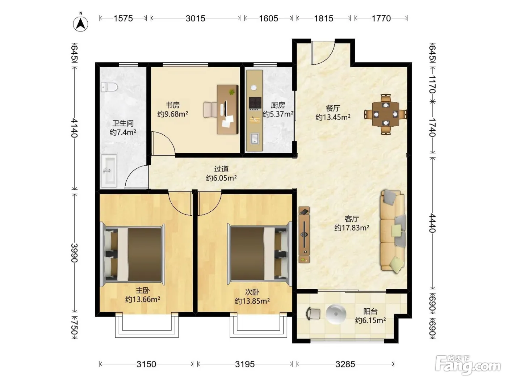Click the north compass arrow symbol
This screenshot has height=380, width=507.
click(80, 24)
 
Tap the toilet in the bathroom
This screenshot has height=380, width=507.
click(109, 87)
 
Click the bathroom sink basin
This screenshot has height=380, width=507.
click(109, 170)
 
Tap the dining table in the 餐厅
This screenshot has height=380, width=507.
click(386, 114)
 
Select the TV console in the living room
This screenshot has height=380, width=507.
click(304, 235)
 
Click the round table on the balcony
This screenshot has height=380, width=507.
click(336, 314)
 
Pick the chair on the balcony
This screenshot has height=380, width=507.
click(313, 314)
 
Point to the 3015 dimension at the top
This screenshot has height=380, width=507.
click(196, 18)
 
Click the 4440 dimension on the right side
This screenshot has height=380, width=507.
click(432, 223)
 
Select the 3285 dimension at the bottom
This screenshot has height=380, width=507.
click(345, 364)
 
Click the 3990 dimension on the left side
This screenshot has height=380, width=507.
click(74, 253)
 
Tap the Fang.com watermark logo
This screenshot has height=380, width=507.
click(468, 365)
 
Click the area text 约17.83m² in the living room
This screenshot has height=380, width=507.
click(352, 228)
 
